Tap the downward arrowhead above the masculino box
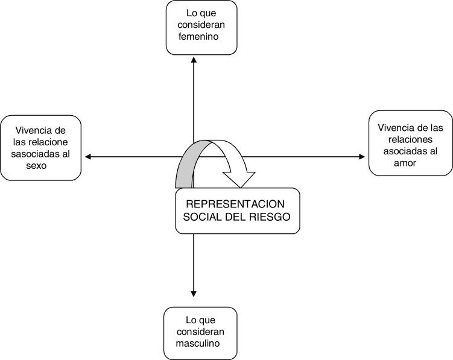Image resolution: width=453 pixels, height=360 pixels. pos(193,293)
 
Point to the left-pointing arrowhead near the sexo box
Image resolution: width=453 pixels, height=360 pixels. pos(88,157)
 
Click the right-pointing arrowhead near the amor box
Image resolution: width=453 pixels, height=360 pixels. pos(362,157)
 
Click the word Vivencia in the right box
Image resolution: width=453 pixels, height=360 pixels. pos(394,128)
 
